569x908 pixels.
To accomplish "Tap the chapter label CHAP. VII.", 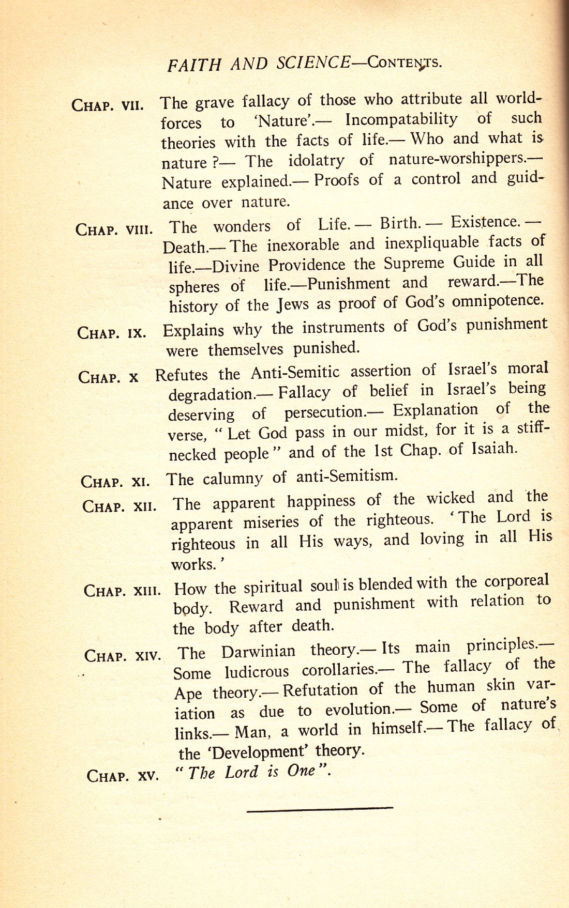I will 108,105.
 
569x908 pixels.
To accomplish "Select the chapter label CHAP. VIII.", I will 114,229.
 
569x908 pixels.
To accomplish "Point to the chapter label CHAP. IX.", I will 112,332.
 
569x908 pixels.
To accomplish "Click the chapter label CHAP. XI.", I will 115,482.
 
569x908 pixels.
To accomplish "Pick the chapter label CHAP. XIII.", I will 122,590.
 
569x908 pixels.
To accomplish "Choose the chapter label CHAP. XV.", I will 123,776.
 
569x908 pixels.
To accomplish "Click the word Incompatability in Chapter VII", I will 401,120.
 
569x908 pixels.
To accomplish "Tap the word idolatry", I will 316,161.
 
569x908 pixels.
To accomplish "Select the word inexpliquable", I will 431,243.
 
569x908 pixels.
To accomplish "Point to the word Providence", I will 306,265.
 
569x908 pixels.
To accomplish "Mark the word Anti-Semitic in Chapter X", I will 295,373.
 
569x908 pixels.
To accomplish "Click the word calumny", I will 233,479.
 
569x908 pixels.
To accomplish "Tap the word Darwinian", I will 259,652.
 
